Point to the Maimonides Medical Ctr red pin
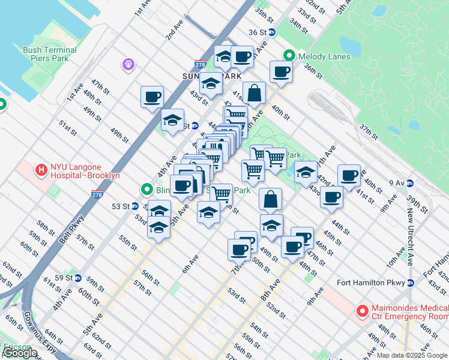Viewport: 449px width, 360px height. [x=362, y=311]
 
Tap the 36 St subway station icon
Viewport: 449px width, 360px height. [x=271, y=32]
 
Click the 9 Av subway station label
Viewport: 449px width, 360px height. [x=397, y=182]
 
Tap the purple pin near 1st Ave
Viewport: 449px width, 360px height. [x=128, y=64]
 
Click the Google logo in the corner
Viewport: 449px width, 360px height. [x=20, y=353]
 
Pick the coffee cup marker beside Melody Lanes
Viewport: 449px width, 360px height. [x=280, y=73]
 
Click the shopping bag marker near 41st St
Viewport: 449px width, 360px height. [x=254, y=93]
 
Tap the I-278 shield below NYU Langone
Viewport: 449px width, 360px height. [x=97, y=195]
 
